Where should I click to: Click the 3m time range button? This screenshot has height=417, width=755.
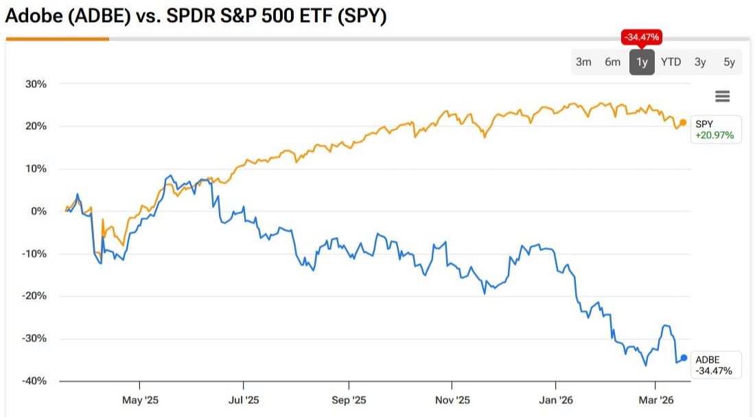(x=583, y=62)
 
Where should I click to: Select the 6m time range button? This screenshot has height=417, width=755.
(x=613, y=62)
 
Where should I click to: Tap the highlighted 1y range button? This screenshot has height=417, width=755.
(x=642, y=62)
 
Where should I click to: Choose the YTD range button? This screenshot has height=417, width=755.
(x=671, y=62)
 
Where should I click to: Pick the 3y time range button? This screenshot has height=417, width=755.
(x=700, y=62)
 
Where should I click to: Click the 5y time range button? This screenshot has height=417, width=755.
(x=729, y=62)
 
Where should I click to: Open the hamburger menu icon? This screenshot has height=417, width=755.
(x=722, y=96)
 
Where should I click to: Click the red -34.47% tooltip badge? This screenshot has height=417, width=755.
(x=642, y=37)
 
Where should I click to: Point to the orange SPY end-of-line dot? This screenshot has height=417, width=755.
(x=683, y=122)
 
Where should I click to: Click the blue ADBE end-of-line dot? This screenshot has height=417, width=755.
(x=684, y=357)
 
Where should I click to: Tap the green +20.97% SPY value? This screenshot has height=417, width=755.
(x=715, y=135)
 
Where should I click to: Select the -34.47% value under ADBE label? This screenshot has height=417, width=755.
(x=714, y=371)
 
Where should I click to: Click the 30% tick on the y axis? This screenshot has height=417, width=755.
(x=34, y=84)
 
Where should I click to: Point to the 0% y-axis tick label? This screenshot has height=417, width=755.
(x=38, y=211)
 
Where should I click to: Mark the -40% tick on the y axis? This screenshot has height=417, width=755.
(x=33, y=381)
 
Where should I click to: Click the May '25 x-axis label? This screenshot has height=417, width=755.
(x=139, y=400)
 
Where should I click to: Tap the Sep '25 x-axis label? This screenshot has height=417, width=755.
(x=349, y=400)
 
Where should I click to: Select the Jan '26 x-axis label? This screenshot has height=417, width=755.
(x=556, y=400)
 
